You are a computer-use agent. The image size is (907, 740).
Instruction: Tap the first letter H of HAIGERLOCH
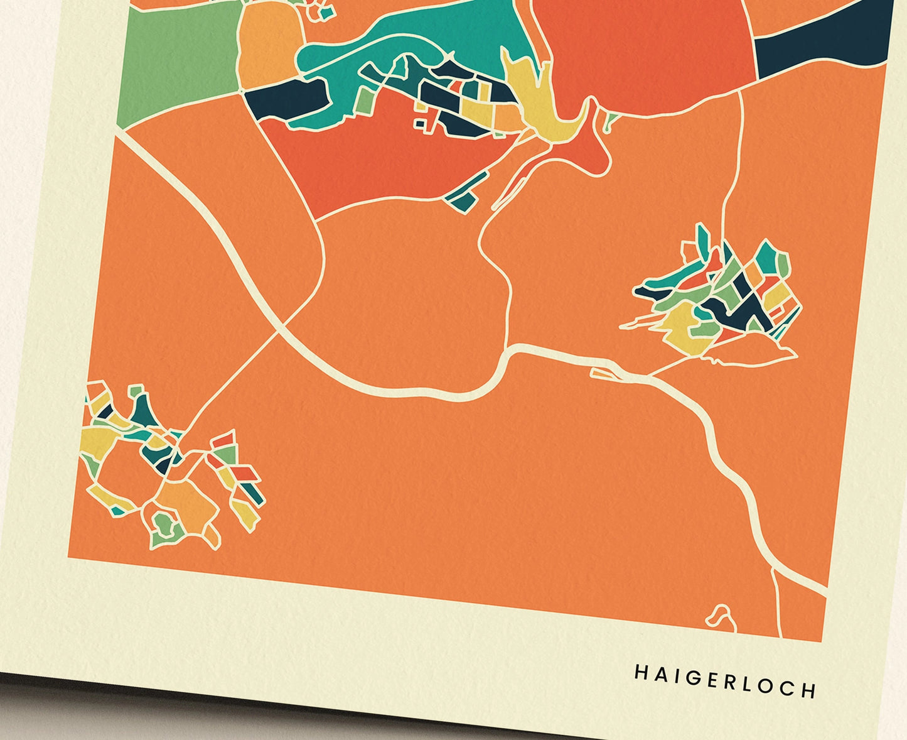640,672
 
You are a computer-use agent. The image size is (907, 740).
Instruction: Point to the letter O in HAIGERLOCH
772,685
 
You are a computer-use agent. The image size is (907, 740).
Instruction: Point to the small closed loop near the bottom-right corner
722,616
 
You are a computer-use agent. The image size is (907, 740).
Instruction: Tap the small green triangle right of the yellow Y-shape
608,121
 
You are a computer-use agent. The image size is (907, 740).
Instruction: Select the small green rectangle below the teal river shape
363,101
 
